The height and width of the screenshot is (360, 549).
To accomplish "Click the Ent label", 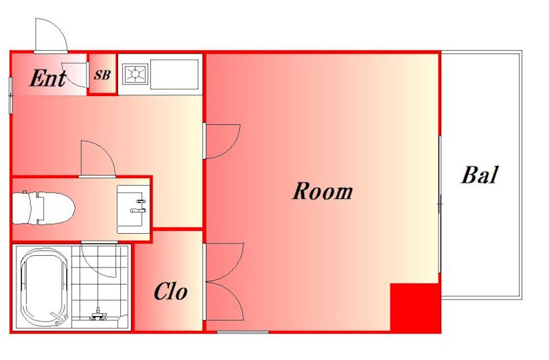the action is pyautogui.click(x=48, y=78).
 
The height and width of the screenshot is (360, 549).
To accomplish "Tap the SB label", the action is pyautogui.click(x=102, y=75).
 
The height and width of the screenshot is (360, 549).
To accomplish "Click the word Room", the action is pyautogui.click(x=323, y=191).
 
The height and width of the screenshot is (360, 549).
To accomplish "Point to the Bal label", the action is pyautogui.click(x=479, y=175).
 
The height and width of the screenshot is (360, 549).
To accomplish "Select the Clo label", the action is pyautogui.click(x=170, y=291).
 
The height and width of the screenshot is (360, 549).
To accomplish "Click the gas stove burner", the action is pyautogui.click(x=135, y=74).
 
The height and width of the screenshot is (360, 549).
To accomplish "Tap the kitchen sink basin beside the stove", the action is pyautogui.click(x=174, y=74).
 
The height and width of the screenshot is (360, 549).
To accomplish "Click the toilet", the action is pyautogui.click(x=43, y=208).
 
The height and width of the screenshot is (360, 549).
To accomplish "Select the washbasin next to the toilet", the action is pyautogui.click(x=133, y=209).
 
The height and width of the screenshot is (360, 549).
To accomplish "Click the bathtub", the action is pyautogui.click(x=43, y=288).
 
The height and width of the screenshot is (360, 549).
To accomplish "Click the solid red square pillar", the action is pyautogui.click(x=415, y=307).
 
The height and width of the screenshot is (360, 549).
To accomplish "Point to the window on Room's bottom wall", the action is pyautogui.click(x=243, y=332).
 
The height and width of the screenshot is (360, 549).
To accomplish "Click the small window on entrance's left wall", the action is pyautogui.click(x=10, y=95).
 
